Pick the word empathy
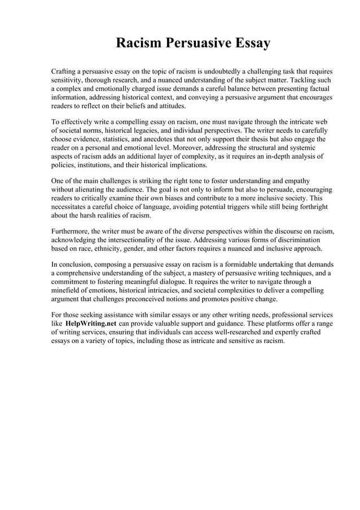coord(296,181)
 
